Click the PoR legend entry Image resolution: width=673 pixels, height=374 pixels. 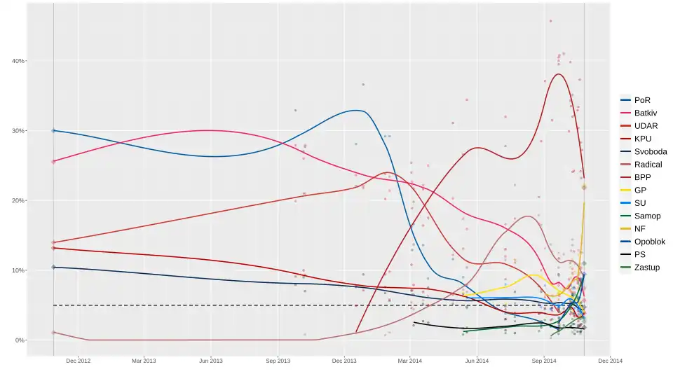click(x=641, y=100)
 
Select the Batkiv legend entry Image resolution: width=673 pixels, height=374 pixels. click(x=645, y=113)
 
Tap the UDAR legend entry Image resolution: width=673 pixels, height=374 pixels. click(x=645, y=125)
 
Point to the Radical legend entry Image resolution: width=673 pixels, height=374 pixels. click(x=646, y=165)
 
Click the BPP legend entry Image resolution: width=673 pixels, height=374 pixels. click(x=642, y=177)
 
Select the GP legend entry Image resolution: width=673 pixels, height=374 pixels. click(x=640, y=190)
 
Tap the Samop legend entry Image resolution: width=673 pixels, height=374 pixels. click(x=645, y=216)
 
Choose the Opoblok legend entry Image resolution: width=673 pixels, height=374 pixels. click(x=648, y=242)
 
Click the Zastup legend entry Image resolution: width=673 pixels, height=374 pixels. click(x=646, y=268)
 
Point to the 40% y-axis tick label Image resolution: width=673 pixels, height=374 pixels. click(x=18, y=61)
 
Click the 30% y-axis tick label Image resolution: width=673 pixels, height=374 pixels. click(x=18, y=131)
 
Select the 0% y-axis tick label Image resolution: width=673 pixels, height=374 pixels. click(x=20, y=340)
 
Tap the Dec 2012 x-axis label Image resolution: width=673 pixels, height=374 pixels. click(x=78, y=361)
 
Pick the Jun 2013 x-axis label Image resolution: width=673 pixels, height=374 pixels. click(x=211, y=361)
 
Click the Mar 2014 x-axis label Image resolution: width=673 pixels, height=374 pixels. click(x=410, y=361)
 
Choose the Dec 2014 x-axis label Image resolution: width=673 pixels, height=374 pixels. click(x=610, y=361)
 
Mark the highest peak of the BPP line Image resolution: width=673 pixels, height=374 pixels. click(x=559, y=74)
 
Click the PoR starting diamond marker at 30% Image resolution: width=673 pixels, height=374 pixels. click(x=54, y=130)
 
